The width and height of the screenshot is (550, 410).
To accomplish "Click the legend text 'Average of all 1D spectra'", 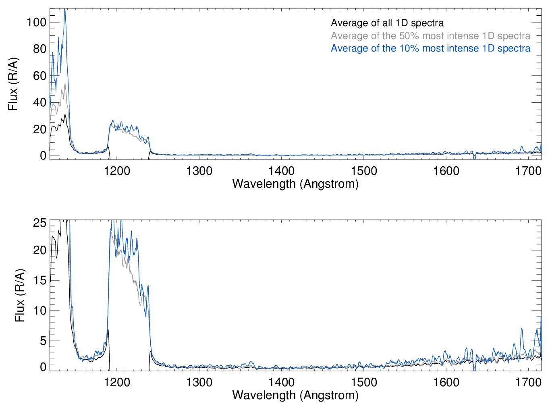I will tap(387, 23).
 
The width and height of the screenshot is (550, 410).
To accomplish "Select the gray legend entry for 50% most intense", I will tap(430, 36).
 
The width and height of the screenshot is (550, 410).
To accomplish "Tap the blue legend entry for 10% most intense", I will tap(430, 48).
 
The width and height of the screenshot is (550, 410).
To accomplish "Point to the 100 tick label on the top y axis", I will tap(36, 22).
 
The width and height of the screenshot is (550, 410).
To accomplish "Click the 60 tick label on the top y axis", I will tap(39, 76).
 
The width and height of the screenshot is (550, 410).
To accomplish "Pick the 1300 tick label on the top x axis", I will tap(199, 171).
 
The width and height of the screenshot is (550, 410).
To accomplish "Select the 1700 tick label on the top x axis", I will tap(528, 171).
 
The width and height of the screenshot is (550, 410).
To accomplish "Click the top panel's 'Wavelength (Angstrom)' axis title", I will tap(295, 184).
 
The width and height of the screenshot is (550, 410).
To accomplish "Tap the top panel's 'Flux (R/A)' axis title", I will tap(13, 84).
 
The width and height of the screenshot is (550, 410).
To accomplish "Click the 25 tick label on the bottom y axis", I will tap(39, 223).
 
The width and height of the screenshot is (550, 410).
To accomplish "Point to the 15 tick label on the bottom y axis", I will tap(39, 280).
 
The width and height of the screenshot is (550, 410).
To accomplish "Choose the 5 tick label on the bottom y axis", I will tap(43, 341).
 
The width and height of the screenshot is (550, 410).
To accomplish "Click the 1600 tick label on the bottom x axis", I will tap(446, 382).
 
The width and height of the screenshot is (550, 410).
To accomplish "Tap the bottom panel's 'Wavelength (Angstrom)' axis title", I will tap(295, 395).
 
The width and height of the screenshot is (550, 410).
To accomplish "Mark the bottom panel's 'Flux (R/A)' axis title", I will tap(20, 295).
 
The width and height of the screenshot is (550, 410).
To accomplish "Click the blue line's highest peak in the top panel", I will tap(64, 10).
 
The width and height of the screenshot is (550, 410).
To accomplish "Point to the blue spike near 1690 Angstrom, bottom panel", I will tap(521, 329).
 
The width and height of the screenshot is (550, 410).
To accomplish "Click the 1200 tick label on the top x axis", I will tap(117, 171).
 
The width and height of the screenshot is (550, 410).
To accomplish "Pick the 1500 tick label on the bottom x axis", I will tap(364, 382).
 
